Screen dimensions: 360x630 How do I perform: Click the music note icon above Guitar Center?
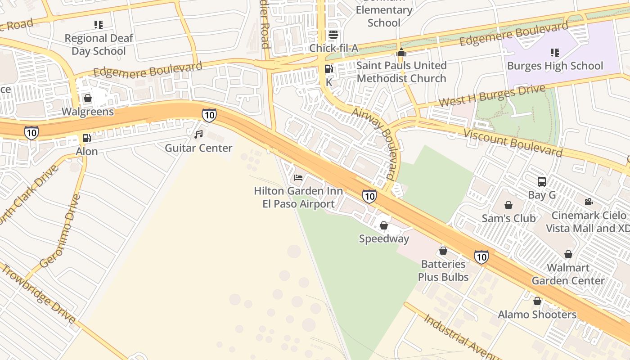pyautogui.click(x=198, y=134)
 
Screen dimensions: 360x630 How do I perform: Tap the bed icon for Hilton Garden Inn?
pyautogui.click(x=298, y=177)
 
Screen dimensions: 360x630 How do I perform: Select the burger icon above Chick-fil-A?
pyautogui.click(x=333, y=35)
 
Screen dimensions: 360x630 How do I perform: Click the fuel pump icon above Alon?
pyautogui.click(x=86, y=138)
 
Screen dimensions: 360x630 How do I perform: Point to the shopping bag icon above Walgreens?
pyautogui.click(x=88, y=98)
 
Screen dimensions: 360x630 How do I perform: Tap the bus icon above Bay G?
pyautogui.click(x=542, y=182)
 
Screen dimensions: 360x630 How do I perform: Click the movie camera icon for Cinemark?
pyautogui.click(x=589, y=202)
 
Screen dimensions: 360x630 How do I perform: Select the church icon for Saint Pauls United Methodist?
pyautogui.click(x=401, y=52)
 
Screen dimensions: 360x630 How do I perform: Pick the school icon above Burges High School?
pyautogui.click(x=554, y=52)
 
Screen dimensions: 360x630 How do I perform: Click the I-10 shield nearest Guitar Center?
pyautogui.click(x=209, y=115)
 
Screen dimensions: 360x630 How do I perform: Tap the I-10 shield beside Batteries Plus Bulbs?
pyautogui.click(x=481, y=257)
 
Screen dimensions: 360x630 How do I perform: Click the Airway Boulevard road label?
pyautogui.click(x=376, y=144)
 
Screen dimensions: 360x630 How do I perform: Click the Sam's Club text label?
pyautogui.click(x=508, y=218)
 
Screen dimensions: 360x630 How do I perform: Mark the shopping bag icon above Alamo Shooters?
pyautogui.click(x=537, y=301)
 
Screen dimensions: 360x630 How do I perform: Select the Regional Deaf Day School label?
pyautogui.click(x=99, y=45)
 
